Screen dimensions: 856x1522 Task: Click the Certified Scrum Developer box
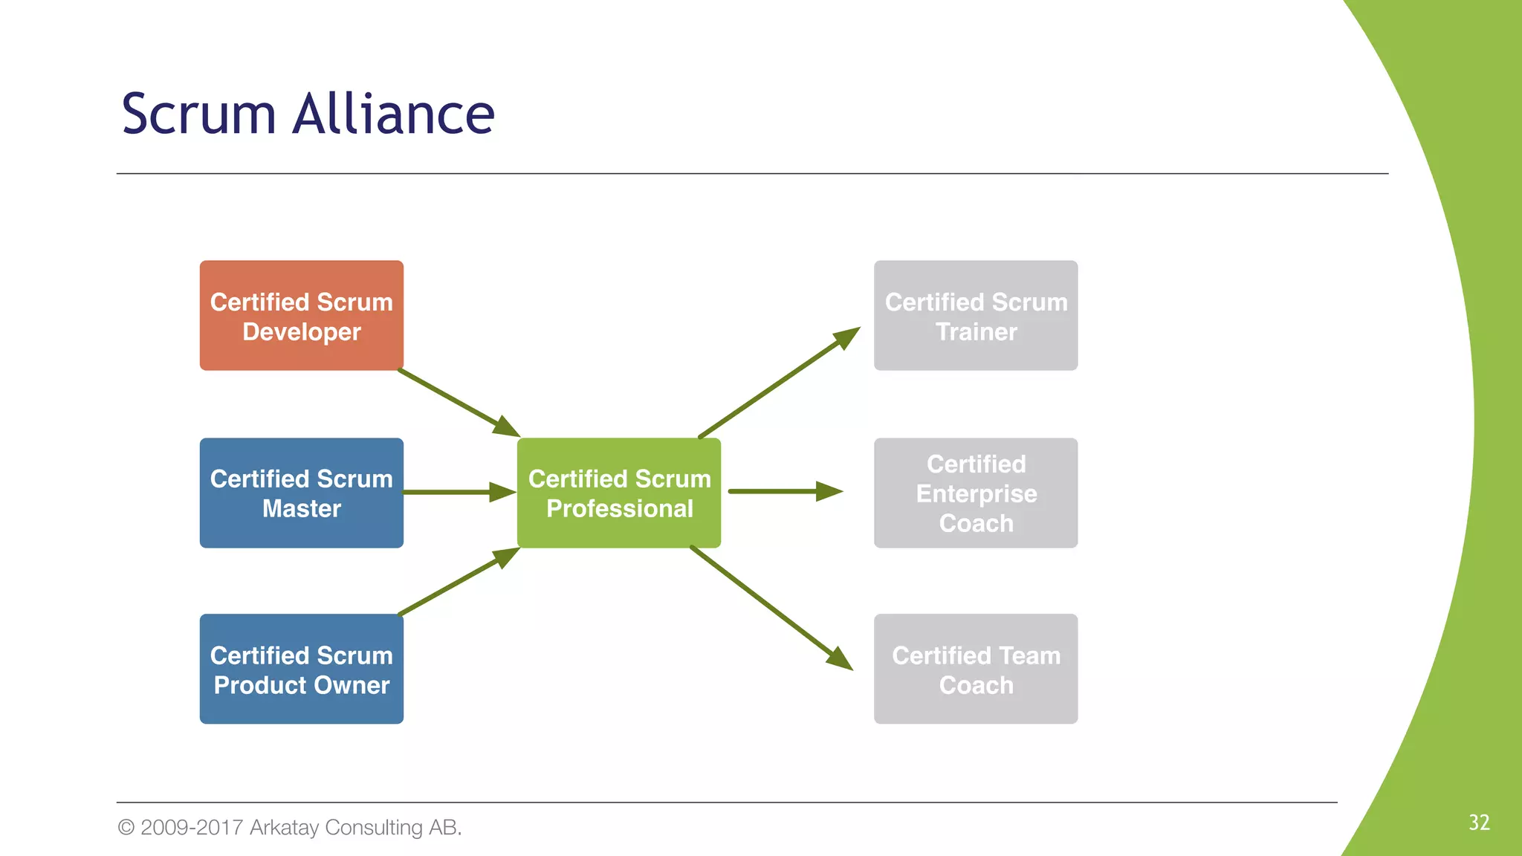click(x=301, y=316)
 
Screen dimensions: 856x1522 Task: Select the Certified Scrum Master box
click(x=301, y=493)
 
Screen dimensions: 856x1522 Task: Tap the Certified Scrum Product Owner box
click(x=301, y=669)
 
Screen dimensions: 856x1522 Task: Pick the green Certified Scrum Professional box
click(x=618, y=493)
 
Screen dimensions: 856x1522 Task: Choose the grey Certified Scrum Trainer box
click(x=975, y=316)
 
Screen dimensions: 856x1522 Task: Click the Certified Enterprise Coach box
click(x=975, y=493)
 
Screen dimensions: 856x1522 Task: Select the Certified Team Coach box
click(x=975, y=669)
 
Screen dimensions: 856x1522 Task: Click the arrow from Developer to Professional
click(x=457, y=402)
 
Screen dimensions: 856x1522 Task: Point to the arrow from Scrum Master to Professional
click(x=457, y=492)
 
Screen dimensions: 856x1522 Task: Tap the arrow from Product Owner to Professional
click(x=457, y=583)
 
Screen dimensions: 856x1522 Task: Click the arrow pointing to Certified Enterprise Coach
click(x=784, y=491)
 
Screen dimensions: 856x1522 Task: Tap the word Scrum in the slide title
click(x=198, y=115)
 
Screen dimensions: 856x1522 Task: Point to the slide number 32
click(x=1478, y=823)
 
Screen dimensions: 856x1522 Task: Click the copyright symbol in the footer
click(x=126, y=827)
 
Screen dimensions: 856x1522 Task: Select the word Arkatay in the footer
click(x=284, y=827)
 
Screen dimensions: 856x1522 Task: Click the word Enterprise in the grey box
click(x=976, y=493)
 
